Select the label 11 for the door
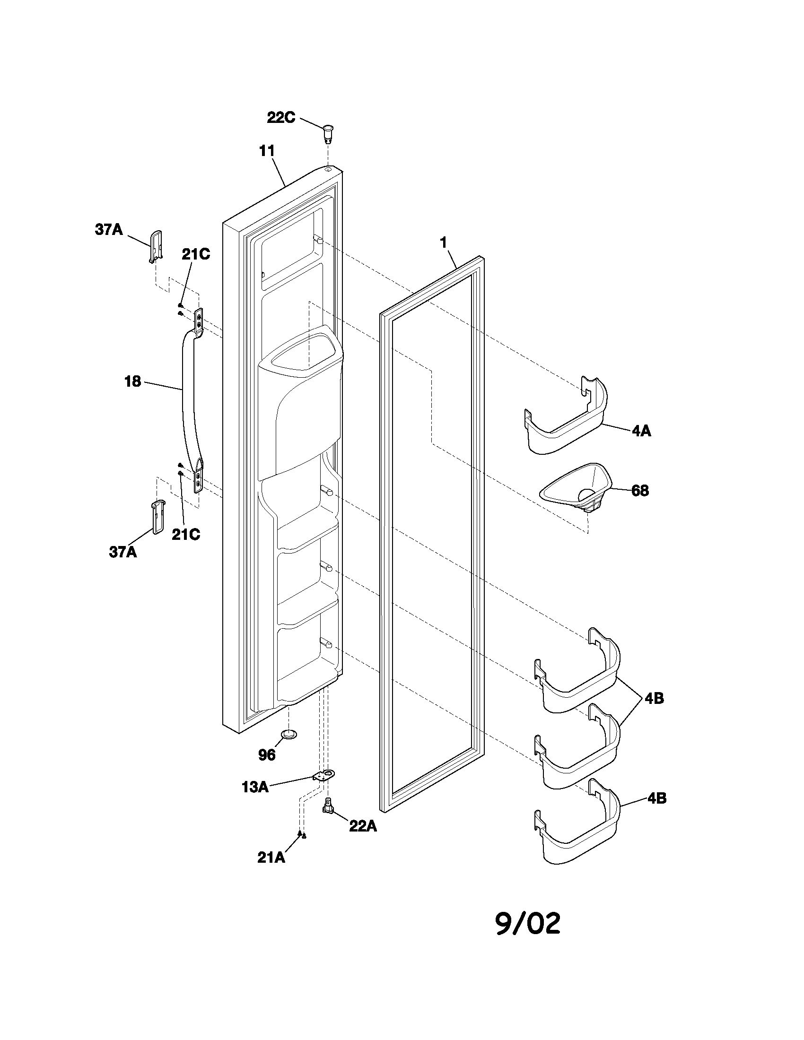[x=267, y=151]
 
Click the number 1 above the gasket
[x=444, y=243]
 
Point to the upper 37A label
[x=109, y=230]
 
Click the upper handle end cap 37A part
[x=156, y=246]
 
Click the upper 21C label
[x=196, y=254]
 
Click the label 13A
[x=255, y=787]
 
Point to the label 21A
[x=271, y=857]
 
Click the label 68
[x=640, y=491]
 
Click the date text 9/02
[x=528, y=924]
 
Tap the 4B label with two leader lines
[x=654, y=699]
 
